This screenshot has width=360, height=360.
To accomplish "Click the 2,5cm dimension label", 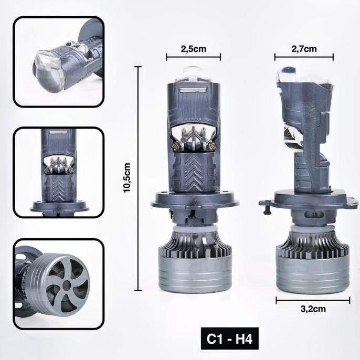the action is tap(194, 49).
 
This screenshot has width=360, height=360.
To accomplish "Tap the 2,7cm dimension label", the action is tap(304, 49).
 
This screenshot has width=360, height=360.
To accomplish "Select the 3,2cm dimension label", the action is tap(313, 309).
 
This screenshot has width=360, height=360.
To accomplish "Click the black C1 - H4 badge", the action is tap(230, 338).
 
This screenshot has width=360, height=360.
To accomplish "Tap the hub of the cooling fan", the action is tap(67, 285).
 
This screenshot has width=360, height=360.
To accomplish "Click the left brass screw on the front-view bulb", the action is tap(176, 145).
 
